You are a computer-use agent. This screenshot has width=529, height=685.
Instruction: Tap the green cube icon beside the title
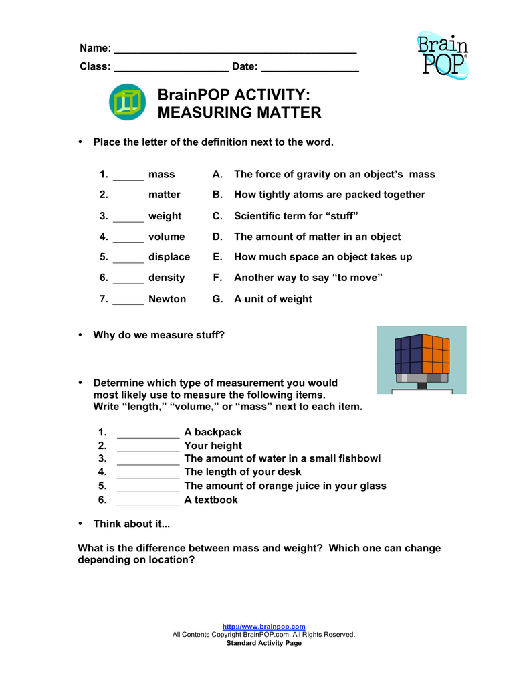coord(127,102)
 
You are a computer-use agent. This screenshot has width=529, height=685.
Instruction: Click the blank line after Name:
coord(235,50)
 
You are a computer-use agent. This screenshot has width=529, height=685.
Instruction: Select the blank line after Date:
coord(310,67)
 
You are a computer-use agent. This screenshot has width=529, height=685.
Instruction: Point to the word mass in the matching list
coord(161,175)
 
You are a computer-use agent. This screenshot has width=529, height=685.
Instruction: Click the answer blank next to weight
coord(128,217)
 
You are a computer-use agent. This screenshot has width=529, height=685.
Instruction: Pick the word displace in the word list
coord(169,257)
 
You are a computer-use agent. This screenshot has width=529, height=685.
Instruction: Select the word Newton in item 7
coord(167,299)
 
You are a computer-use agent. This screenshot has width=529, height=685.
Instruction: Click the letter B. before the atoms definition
coord(217,195)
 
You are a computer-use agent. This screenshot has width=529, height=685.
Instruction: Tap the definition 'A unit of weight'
coord(273,299)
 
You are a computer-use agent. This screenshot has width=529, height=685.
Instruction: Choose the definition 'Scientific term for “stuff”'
coord(296,216)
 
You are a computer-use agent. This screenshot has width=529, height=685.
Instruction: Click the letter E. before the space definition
coord(217,257)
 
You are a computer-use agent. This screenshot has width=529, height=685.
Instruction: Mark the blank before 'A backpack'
coord(148,433)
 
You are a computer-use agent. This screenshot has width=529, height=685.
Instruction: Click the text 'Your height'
coord(213,446)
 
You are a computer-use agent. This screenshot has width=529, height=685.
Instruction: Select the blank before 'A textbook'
coord(148,500)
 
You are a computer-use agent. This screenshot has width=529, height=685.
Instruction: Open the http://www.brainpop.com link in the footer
coord(263,627)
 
